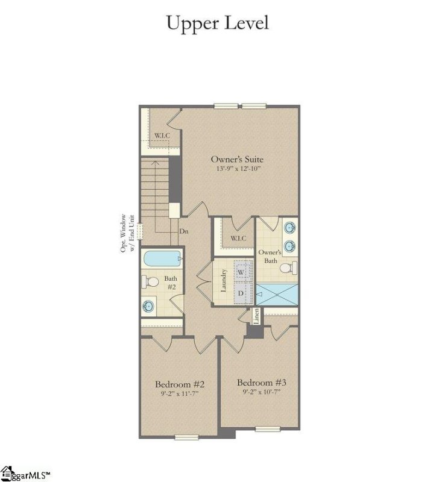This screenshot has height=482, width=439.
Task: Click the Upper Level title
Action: point(217,23)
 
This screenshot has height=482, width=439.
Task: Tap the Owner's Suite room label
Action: point(237,159)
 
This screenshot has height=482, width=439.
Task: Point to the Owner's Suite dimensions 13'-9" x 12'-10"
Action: point(237,169)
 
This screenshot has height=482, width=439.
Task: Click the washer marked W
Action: point(241,272)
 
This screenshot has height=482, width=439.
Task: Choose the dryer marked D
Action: point(241,293)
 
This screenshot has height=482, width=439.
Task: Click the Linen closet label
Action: point(256,315)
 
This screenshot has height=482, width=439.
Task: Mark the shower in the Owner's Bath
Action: point(277,294)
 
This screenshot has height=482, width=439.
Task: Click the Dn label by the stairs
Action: point(183,231)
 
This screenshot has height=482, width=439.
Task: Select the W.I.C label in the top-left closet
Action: point(162,135)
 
